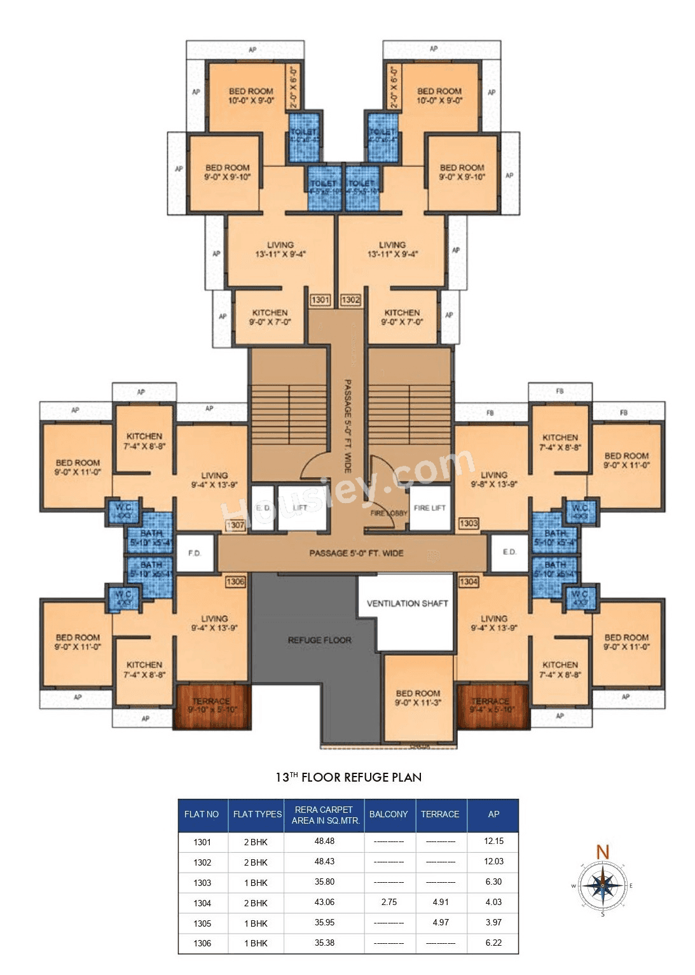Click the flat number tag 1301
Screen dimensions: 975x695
coord(320,300)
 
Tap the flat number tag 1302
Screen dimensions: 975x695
coord(350,300)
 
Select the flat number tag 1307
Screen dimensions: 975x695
coord(235,525)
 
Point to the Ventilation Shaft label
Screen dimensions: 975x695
coord(407,603)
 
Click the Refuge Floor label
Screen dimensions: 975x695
coord(319,640)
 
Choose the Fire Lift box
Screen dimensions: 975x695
coord(430,508)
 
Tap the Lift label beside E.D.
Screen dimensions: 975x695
coord(300,508)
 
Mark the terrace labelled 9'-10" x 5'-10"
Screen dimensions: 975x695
coord(212,705)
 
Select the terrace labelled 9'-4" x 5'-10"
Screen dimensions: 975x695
coord(492,705)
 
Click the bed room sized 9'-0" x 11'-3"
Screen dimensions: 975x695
coord(418,698)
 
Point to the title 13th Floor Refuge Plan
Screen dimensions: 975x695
coord(348,777)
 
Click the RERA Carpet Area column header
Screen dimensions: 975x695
coord(324,815)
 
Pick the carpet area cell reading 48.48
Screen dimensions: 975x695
coord(324,841)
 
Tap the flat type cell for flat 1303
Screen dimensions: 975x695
coord(256,883)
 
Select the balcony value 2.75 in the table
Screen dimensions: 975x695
coord(389,902)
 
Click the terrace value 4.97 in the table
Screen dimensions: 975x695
coord(440,922)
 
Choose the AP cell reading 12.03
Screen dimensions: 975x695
coord(493,861)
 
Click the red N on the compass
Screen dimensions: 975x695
coord(603,852)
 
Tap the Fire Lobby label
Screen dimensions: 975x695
coord(389,513)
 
